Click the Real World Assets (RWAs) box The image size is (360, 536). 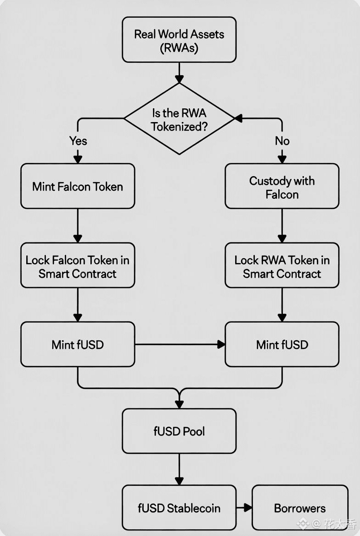(x=179, y=40)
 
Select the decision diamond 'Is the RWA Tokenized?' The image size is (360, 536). (x=179, y=119)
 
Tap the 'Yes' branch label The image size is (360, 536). (x=78, y=141)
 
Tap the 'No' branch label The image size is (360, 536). (x=282, y=141)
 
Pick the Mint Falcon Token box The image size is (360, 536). (x=78, y=186)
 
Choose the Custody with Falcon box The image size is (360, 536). (x=282, y=187)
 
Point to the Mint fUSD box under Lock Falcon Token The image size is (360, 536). (x=78, y=344)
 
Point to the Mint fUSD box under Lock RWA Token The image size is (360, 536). (x=282, y=344)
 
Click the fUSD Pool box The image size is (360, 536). (x=179, y=431)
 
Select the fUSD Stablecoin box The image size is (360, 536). (x=179, y=508)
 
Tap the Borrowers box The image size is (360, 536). (x=300, y=508)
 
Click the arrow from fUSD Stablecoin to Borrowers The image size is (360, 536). (x=244, y=508)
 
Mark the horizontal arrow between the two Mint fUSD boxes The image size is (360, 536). (x=180, y=344)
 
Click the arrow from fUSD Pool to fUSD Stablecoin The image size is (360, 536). (x=179, y=469)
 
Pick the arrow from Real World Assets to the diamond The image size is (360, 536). (x=179, y=73)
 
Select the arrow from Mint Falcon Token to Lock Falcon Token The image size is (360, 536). (x=78, y=226)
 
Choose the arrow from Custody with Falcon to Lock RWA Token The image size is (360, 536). (x=282, y=226)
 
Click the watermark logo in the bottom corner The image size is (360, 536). (x=302, y=523)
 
